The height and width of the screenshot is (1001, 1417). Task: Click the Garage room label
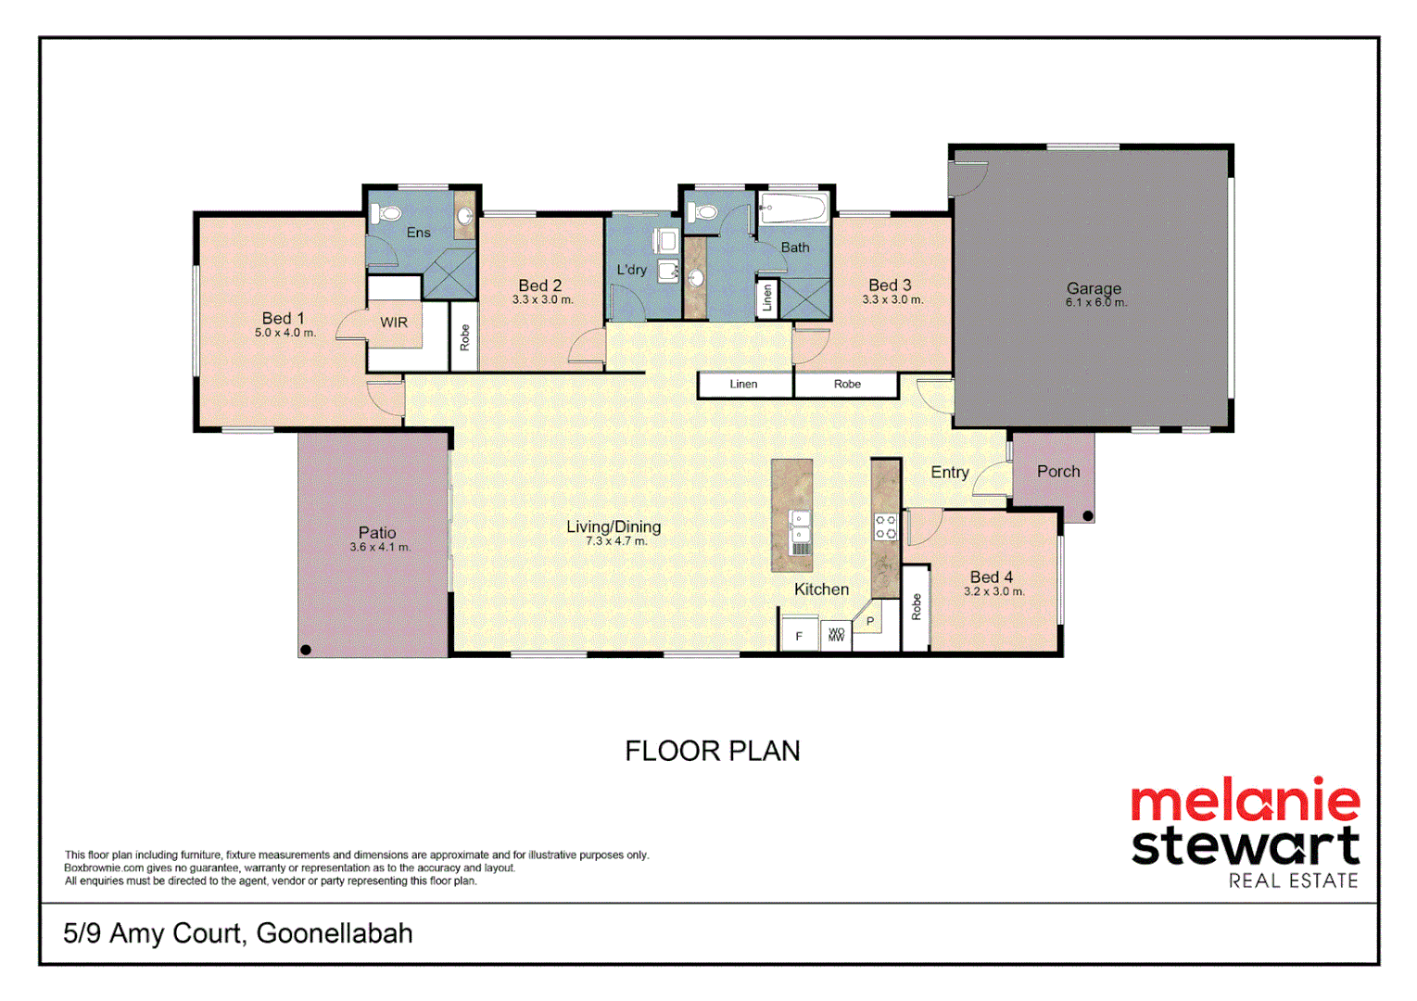click(x=1094, y=288)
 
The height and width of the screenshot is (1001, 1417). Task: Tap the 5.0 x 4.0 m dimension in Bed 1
click(x=285, y=333)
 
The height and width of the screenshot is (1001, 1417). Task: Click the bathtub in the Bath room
click(x=792, y=209)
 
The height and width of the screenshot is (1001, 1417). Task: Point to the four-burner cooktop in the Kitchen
click(x=885, y=527)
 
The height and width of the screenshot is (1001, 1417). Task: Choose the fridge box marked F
click(x=799, y=636)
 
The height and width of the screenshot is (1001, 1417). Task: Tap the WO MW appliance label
click(x=836, y=635)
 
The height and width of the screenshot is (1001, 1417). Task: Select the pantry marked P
click(x=870, y=621)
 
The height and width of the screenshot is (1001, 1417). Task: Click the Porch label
click(x=1058, y=471)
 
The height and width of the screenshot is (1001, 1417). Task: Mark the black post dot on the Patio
click(x=306, y=650)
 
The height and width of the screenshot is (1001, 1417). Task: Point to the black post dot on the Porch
click(x=1088, y=515)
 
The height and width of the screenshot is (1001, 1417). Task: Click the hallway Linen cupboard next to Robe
click(x=743, y=384)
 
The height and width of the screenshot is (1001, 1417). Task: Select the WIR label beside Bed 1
click(x=394, y=323)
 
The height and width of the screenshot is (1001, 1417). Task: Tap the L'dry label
click(x=632, y=270)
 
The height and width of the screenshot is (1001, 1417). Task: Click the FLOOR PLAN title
click(x=712, y=751)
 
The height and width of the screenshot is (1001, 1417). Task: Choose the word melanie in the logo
click(x=1245, y=801)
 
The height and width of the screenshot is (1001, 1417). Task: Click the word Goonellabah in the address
click(x=335, y=932)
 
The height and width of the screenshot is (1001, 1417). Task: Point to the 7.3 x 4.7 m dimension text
click(x=616, y=541)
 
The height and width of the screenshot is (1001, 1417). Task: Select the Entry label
click(x=950, y=472)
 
